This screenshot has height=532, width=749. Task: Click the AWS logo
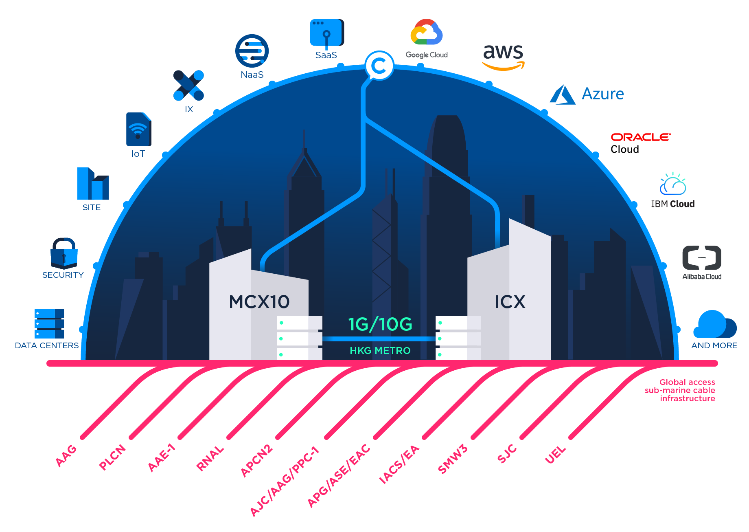[x=503, y=56]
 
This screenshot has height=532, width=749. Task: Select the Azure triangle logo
[x=563, y=95]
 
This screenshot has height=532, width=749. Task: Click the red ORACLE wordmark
[x=640, y=137]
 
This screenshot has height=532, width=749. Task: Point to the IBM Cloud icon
[x=673, y=184]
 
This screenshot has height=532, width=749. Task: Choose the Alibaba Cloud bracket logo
[x=701, y=258]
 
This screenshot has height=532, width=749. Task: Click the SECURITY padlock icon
[x=64, y=253]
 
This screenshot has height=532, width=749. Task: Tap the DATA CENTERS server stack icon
[x=49, y=323]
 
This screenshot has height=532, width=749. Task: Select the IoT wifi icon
[x=138, y=129]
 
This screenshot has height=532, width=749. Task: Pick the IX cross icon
[x=188, y=86]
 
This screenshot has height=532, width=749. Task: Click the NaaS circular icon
[x=252, y=51]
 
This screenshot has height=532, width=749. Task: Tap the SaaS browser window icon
[x=326, y=33]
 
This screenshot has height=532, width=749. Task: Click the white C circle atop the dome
[x=379, y=65]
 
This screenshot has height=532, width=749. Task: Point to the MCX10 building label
[x=259, y=302]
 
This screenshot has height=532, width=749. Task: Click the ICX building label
[x=510, y=302]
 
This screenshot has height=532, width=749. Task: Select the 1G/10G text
[x=380, y=324]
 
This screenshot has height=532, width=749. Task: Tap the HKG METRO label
[x=380, y=350]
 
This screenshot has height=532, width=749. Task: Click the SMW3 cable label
[x=452, y=459]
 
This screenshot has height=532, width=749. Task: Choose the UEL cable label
[x=555, y=454]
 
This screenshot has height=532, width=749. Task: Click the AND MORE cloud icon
[x=714, y=324]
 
